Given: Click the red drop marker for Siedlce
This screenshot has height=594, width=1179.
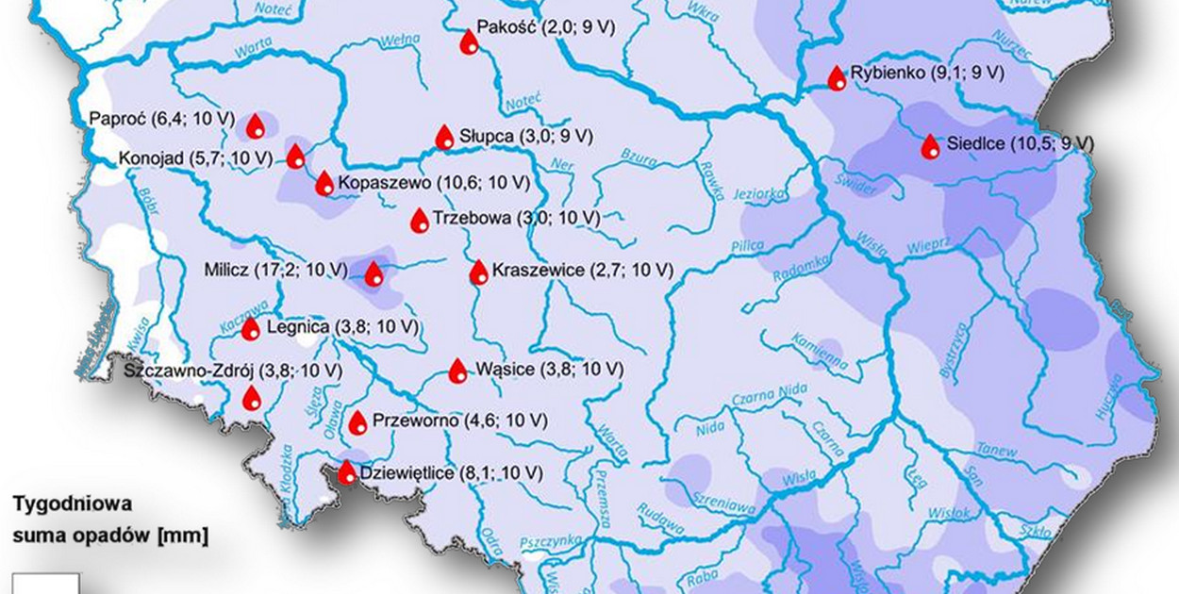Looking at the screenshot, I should point(930,146).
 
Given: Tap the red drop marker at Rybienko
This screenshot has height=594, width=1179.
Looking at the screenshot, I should point(837,78).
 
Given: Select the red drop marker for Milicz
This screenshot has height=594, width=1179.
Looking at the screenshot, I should point(374,273).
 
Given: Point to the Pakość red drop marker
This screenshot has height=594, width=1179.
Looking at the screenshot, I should point(468,41).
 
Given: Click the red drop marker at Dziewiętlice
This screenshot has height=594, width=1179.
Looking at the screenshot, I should point(346,471).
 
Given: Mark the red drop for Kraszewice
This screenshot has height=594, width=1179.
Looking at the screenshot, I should point(479,272).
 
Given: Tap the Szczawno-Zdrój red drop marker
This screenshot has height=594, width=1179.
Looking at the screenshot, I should point(251,398).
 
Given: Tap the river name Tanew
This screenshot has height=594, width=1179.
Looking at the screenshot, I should point(999,450).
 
